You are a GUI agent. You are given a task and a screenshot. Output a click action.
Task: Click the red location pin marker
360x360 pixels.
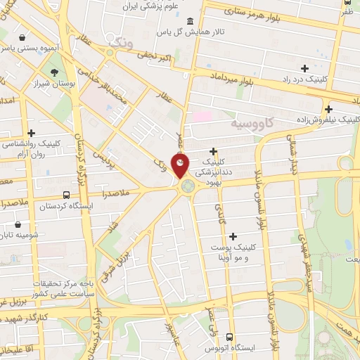click(181, 166)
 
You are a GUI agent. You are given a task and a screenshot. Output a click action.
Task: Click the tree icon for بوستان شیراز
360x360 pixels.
click(54, 72)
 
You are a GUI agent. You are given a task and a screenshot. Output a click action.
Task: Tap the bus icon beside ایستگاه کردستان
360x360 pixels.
click(66, 195)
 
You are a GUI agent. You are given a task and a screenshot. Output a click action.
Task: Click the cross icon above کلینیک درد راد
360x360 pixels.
click(304, 68)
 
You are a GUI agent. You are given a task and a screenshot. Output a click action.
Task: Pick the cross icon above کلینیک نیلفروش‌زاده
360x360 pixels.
click(328, 109)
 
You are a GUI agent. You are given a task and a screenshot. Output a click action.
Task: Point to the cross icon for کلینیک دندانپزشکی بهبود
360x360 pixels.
click(213, 151)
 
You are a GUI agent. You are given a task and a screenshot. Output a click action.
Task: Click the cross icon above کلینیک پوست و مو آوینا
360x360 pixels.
click(233, 236)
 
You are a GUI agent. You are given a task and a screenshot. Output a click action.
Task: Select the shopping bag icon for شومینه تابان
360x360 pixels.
click(18, 225)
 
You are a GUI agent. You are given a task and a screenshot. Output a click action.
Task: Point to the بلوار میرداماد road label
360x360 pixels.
click(230, 77)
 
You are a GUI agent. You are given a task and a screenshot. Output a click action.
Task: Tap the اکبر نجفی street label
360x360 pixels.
click(153, 55)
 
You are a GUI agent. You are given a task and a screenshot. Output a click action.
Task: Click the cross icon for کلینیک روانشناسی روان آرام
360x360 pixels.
click(31, 132)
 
